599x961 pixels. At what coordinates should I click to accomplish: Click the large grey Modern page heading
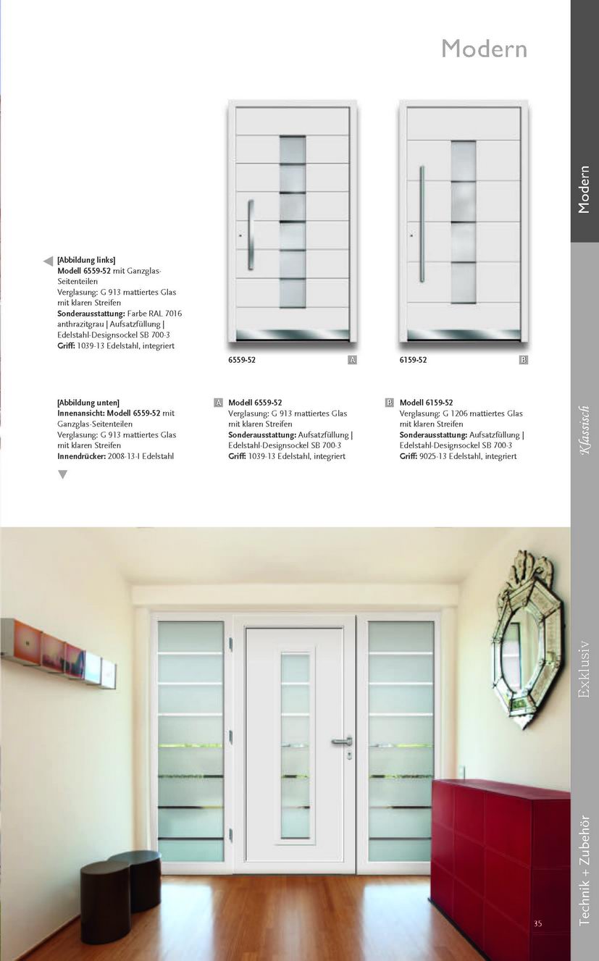pyautogui.click(x=484, y=49)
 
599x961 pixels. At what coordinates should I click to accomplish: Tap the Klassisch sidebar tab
pyautogui.click(x=585, y=430)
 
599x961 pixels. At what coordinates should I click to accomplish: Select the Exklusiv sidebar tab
pyautogui.click(x=585, y=668)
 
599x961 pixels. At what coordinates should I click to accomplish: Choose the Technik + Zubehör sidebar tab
pyautogui.click(x=585, y=869)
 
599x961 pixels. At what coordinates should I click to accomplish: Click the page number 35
pyautogui.click(x=537, y=923)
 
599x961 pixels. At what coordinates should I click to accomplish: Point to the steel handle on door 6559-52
pyautogui.click(x=251, y=235)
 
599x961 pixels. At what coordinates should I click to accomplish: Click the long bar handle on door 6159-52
pyautogui.click(x=422, y=224)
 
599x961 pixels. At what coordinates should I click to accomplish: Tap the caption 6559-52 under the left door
pyautogui.click(x=241, y=360)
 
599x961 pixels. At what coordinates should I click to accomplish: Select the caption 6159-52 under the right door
pyautogui.click(x=413, y=360)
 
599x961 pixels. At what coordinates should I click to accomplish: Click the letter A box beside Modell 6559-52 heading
pyautogui.click(x=218, y=403)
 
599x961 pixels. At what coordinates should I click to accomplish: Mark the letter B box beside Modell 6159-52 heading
pyautogui.click(x=390, y=403)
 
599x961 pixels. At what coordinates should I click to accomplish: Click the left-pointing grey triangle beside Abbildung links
pyautogui.click(x=48, y=261)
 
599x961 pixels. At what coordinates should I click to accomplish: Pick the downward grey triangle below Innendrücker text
pyautogui.click(x=62, y=474)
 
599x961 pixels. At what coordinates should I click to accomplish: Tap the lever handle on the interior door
pyautogui.click(x=342, y=741)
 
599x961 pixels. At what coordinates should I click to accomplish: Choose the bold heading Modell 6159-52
pyautogui.click(x=426, y=403)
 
